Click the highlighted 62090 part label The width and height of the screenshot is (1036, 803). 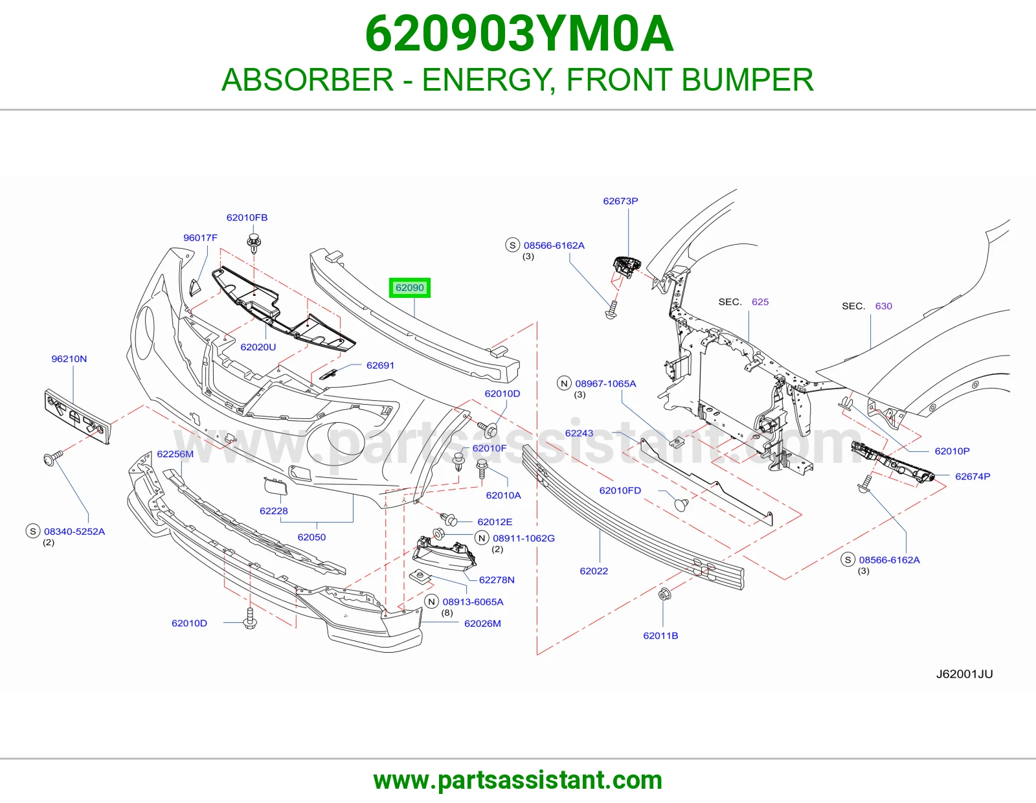409,288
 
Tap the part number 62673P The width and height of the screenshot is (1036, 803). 620,201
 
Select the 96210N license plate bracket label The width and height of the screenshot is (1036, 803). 69,359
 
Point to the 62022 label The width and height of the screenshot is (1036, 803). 594,571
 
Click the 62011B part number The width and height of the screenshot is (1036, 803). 660,635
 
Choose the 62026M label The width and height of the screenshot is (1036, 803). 482,623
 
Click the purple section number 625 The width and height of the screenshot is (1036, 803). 760,302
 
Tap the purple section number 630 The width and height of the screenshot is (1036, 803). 883,306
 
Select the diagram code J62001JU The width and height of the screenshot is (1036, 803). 965,673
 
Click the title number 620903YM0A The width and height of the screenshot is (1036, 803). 519,34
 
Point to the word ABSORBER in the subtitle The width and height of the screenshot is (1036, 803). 308,80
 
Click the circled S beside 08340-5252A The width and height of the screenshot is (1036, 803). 33,531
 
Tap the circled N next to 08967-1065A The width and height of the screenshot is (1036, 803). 564,383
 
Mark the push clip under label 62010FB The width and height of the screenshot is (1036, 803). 254,243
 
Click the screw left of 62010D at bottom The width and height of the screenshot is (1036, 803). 250,618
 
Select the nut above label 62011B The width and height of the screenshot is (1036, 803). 664,594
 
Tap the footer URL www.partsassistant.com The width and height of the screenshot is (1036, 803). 518,780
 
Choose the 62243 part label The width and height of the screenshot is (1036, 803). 579,433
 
